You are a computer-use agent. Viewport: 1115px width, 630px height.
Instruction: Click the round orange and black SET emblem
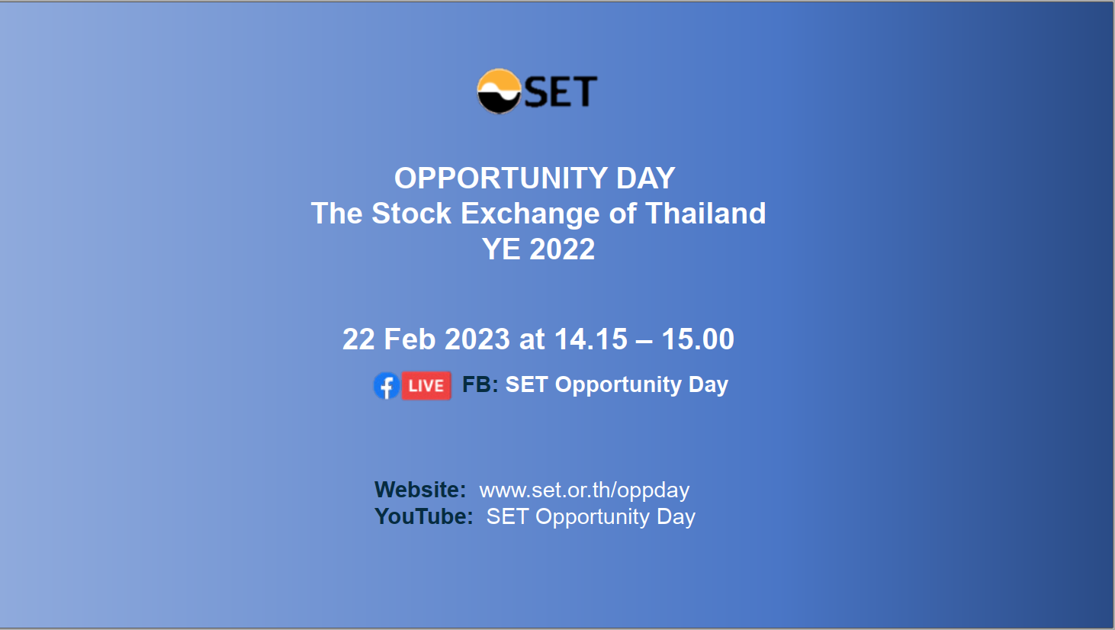499,91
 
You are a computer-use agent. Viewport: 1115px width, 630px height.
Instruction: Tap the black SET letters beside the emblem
561,92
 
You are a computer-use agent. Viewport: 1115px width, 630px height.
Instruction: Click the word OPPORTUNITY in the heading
501,178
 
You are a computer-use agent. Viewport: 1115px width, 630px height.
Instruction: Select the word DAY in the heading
646,178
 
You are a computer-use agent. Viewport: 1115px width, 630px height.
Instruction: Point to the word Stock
411,213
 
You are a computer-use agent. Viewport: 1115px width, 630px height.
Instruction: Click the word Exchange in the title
530,214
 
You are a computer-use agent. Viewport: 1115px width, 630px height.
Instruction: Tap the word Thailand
705,213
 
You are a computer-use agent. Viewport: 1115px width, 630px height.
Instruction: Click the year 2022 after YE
562,249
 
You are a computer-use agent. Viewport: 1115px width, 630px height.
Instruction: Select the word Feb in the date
410,339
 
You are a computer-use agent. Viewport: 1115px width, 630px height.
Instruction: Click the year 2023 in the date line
477,339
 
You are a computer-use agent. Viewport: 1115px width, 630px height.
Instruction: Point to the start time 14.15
590,339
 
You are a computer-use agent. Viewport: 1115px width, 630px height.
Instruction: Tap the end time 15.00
698,339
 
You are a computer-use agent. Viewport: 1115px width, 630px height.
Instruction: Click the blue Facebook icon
387,386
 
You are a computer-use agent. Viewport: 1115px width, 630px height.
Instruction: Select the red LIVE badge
426,386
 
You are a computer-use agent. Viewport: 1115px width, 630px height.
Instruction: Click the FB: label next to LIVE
480,384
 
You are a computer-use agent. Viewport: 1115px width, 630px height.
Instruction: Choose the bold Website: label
420,490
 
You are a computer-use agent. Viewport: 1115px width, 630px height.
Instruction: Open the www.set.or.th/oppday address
584,490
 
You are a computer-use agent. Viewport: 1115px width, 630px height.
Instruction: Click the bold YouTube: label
423,516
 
